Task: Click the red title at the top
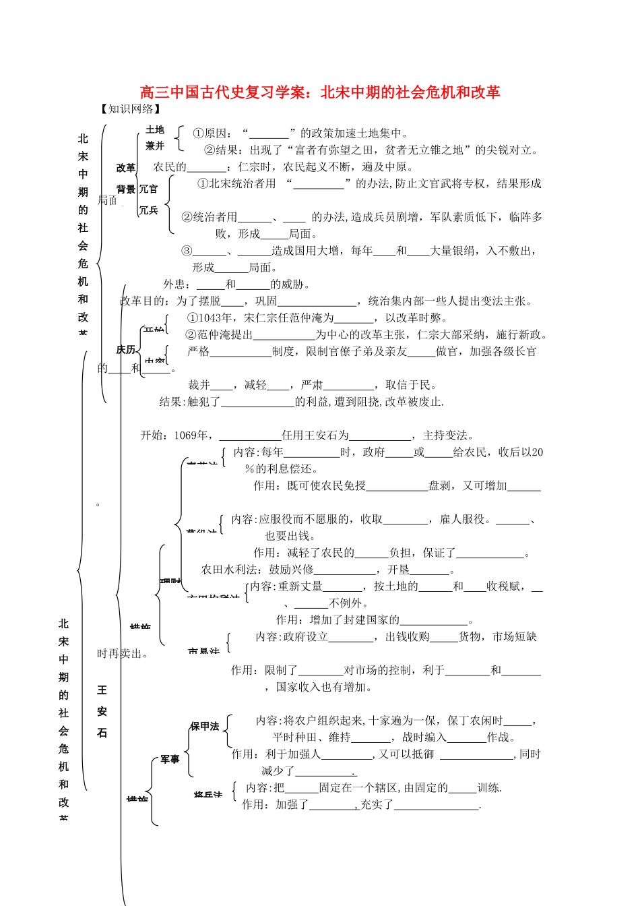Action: point(320,92)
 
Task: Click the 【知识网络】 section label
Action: point(131,109)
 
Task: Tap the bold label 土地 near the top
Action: point(155,129)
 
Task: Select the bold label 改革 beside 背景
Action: point(126,168)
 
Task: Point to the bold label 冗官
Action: point(148,189)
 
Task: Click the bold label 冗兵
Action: point(148,210)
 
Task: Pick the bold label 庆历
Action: point(126,350)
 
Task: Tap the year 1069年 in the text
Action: point(191,435)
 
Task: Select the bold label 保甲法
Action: point(204,726)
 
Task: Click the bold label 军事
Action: point(170,760)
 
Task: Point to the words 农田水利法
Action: point(228,570)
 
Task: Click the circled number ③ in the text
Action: point(187,251)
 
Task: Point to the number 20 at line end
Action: point(537,452)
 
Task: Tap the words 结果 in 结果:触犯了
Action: point(170,402)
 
